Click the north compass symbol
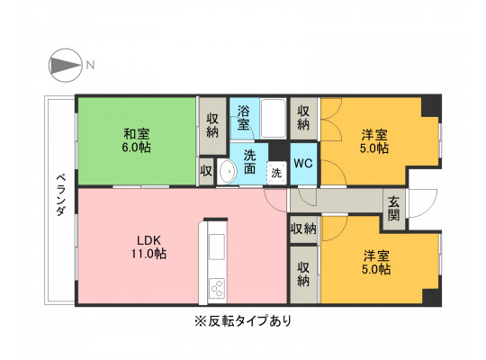coord(66,65)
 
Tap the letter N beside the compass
coord(90,65)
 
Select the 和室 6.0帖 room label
coord(137,140)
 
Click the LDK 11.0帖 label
coord(148,247)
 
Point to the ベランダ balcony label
coord(61,194)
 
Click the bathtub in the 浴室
coord(273,118)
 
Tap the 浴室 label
coord(244,118)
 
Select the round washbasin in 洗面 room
coord(227,171)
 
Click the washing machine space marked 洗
coord(277,173)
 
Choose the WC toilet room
coord(303,164)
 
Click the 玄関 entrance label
coord(394,208)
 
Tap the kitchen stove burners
coord(217,288)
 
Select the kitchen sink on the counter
coord(217,247)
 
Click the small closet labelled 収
coord(206,171)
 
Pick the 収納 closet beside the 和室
coord(212,126)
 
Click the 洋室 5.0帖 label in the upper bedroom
coord(374,141)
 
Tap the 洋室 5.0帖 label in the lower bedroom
coord(376,262)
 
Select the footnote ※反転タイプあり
coord(243,320)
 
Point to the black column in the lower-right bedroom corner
coord(432,297)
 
